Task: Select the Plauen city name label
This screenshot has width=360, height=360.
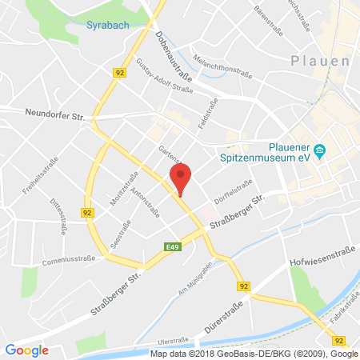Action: pos(321,62)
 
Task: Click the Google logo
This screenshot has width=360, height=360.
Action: pos(26,350)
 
